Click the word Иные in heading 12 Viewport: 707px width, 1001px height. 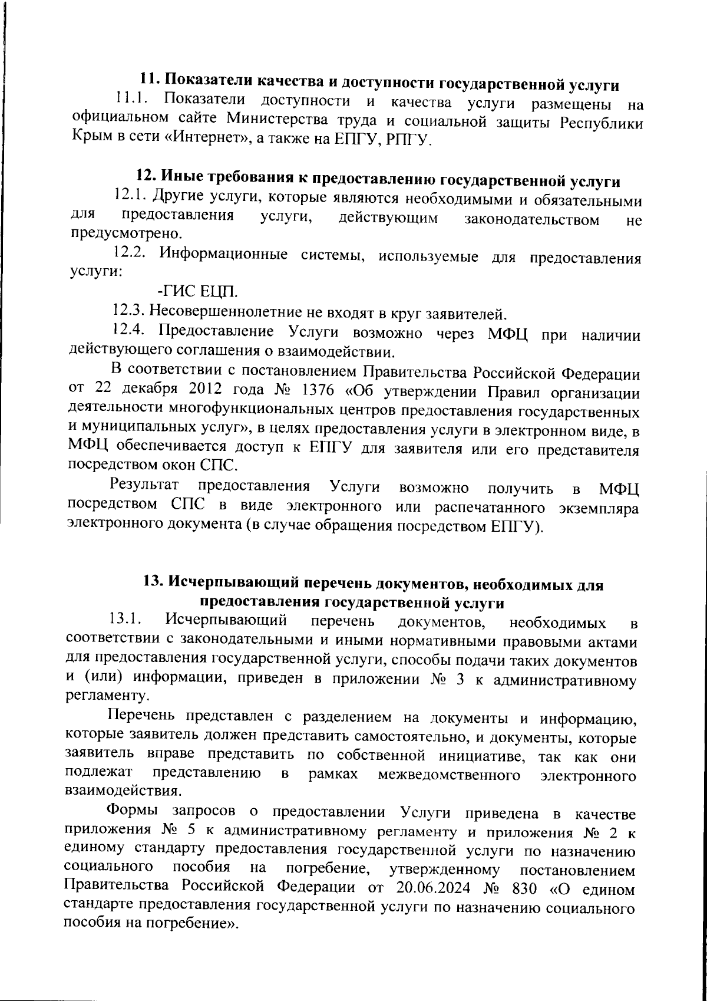pos(181,176)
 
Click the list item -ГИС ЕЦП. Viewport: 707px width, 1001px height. pos(199,292)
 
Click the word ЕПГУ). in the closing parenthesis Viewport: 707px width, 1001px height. pos(515,526)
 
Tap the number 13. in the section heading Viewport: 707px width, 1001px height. pos(154,582)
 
